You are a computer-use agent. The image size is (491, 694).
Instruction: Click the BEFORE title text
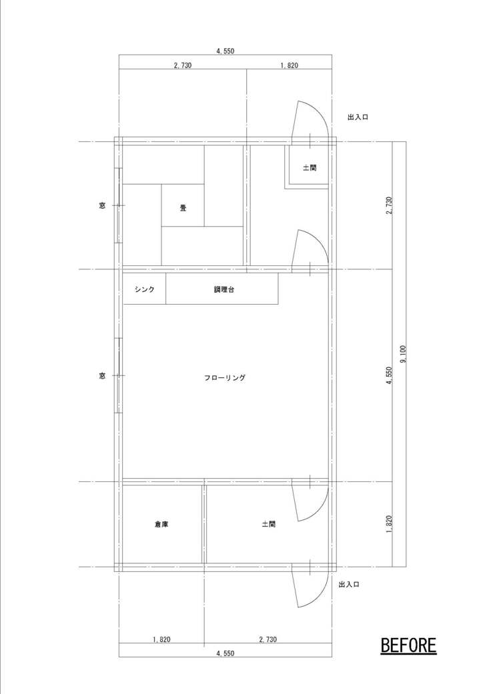[408, 646]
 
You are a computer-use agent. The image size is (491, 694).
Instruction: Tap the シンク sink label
[145, 289]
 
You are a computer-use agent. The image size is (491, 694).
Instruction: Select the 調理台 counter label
[223, 289]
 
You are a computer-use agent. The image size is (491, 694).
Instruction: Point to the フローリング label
[225, 378]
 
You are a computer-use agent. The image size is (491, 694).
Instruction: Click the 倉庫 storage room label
[161, 525]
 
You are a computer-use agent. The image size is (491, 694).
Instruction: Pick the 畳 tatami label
[183, 207]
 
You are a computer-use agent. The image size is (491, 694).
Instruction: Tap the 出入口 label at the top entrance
[358, 117]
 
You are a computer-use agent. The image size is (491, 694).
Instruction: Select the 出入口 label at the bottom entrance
[349, 585]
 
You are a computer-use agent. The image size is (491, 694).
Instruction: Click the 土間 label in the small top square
[310, 168]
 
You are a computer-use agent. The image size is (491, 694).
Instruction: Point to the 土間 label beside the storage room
[269, 525]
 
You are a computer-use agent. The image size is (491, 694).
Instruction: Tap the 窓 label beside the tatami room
[102, 205]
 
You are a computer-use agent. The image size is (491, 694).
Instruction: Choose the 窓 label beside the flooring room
[102, 376]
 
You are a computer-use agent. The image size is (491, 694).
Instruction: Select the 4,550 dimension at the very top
[225, 51]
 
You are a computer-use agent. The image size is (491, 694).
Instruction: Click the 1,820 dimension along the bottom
[161, 639]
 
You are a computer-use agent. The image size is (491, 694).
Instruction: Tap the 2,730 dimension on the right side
[389, 205]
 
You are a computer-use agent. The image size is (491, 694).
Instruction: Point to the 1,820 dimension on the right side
[389, 524]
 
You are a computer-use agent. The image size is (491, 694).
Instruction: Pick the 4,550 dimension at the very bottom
[225, 653]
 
